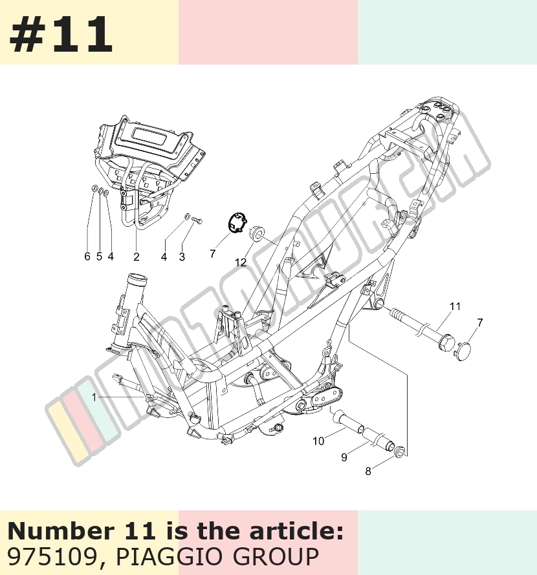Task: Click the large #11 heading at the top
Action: (x=61, y=35)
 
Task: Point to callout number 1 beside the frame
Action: (x=94, y=397)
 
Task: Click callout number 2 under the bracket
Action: (x=137, y=257)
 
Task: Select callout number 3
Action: (x=182, y=257)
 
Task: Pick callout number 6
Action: (x=87, y=256)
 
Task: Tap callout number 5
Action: (x=99, y=256)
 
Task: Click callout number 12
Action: (x=241, y=262)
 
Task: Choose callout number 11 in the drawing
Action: (x=455, y=306)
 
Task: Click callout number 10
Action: (x=318, y=441)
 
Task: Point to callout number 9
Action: (x=344, y=457)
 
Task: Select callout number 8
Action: (x=368, y=472)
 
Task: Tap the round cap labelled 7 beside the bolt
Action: (x=465, y=351)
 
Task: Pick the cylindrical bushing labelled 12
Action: (x=257, y=233)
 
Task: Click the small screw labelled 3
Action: (x=197, y=220)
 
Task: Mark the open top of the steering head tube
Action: (x=137, y=280)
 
